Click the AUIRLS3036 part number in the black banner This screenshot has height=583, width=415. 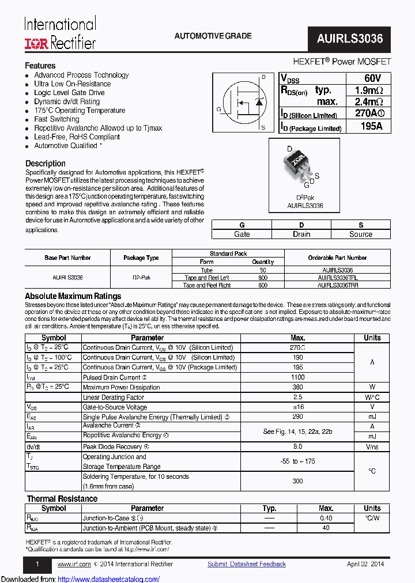pos(349,39)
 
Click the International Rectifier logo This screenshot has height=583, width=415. pos(59,33)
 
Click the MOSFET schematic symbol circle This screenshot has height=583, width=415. pos(243,104)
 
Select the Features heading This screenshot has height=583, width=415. pos(40,66)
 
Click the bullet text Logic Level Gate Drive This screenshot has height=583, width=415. pos(69,93)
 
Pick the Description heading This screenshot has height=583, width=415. pos(46,164)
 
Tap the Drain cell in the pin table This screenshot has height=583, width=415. pos(301,234)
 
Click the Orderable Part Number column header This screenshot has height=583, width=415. pos(337,258)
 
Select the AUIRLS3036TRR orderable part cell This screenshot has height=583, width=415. pos(337,285)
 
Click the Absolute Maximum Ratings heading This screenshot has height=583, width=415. pos(73,296)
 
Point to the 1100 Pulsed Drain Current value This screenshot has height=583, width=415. pos(298,377)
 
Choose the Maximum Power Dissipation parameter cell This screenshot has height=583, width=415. pos(122,387)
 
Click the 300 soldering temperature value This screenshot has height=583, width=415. pos(298,481)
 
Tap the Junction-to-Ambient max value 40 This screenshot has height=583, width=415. pos(326,528)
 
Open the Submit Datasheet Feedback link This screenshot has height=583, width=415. pos(247,564)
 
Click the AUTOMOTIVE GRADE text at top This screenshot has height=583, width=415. pos(213,36)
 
